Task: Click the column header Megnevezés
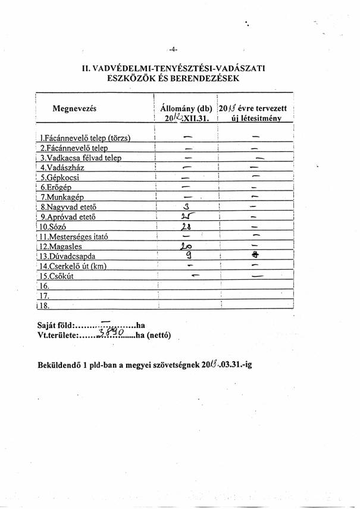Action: (74, 108)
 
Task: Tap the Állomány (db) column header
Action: (186, 108)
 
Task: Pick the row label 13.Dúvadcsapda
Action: (68, 256)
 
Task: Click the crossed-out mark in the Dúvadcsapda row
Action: (255, 255)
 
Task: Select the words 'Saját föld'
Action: (55, 326)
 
